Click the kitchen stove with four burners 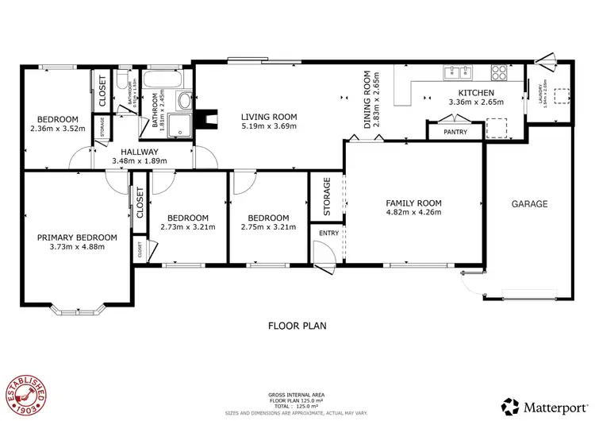(500, 73)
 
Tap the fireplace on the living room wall (208, 118)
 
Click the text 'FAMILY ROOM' (413, 202)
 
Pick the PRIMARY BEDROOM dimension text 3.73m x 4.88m (78, 247)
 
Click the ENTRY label (327, 232)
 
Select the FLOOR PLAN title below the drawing (297, 325)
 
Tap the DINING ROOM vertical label (367, 99)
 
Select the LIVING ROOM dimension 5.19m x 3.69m (268, 126)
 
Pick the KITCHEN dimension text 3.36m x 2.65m (476, 102)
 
